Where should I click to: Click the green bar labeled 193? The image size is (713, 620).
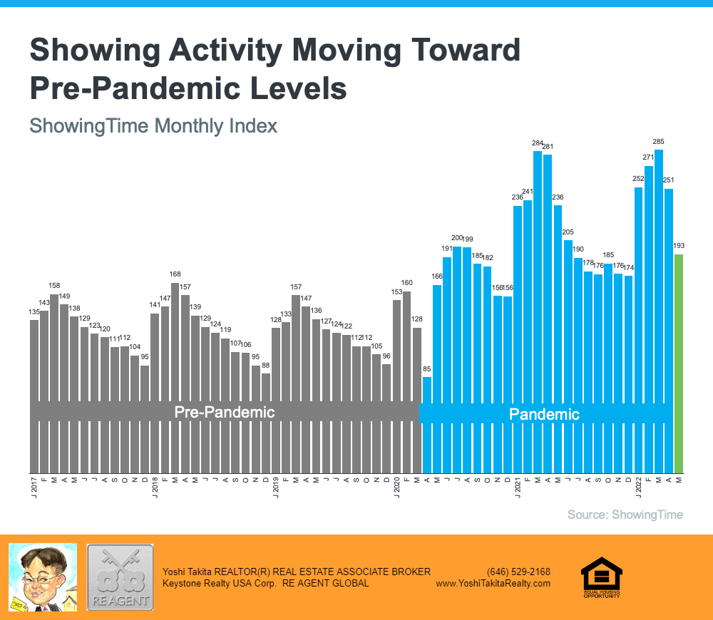679,363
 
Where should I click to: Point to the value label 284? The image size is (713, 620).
538,143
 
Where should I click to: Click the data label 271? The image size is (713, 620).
649,158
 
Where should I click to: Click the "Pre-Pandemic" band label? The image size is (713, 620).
225,413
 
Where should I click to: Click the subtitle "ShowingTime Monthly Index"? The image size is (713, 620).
153,126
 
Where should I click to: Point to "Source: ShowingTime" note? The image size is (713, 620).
625,515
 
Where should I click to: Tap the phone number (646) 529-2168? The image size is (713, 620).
518,572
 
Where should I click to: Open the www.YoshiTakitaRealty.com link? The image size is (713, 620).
493,583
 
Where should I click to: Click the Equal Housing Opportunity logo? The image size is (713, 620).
602,577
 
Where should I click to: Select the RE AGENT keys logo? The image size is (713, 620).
120,577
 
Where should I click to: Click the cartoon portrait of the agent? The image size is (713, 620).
42,577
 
